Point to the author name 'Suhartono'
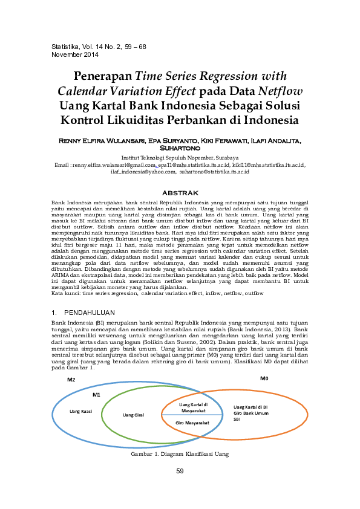click(180, 147)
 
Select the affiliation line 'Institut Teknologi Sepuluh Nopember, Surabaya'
click(180, 157)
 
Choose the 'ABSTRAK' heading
click(180, 192)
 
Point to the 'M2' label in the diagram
click(71, 380)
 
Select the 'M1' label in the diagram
click(96, 394)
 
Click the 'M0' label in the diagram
click(264, 378)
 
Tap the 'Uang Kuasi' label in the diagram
click(81, 411)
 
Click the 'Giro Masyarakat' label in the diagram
click(192, 423)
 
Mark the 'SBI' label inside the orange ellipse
click(237, 418)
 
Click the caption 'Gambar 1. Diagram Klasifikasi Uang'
click(180, 453)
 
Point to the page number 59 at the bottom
click(180, 472)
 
